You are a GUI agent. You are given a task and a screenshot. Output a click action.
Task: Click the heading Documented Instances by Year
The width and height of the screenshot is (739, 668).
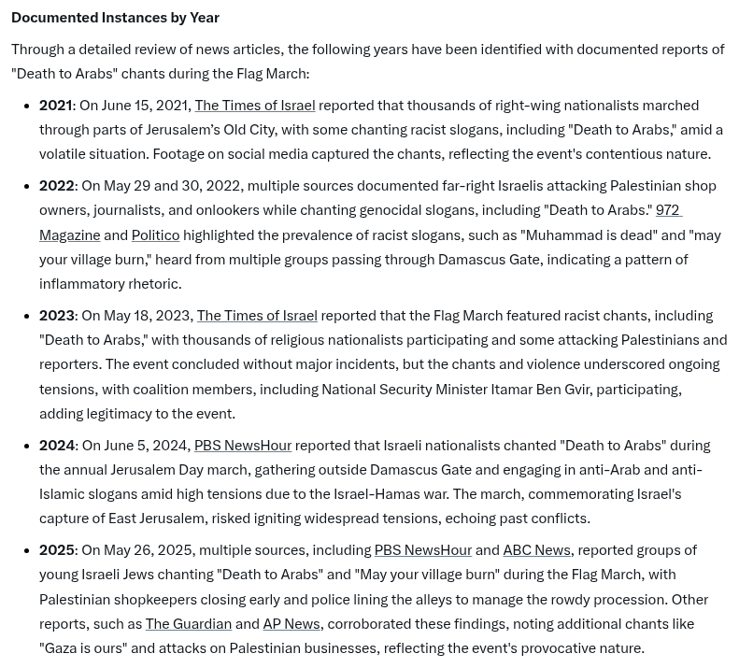(x=115, y=18)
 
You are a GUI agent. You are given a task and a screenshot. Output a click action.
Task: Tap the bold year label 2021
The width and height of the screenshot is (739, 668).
(x=56, y=106)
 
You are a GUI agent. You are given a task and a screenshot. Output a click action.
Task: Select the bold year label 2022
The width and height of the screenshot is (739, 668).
(x=57, y=186)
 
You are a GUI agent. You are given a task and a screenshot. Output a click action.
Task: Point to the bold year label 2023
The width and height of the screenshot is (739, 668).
(x=57, y=316)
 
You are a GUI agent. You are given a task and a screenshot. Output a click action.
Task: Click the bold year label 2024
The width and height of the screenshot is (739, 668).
(x=57, y=446)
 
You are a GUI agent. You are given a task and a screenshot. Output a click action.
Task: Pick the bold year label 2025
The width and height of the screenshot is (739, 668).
(x=57, y=550)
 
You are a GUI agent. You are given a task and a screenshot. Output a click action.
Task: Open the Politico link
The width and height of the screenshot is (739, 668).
(x=155, y=235)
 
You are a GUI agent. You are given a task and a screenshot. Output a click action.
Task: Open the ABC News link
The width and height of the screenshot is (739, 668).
(x=536, y=550)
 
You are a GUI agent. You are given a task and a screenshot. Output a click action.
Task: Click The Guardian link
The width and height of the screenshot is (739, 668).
(x=188, y=624)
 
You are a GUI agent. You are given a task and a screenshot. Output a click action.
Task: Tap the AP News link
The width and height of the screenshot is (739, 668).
(x=291, y=624)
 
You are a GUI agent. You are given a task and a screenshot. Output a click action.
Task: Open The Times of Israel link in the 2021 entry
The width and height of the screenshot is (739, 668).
(x=254, y=106)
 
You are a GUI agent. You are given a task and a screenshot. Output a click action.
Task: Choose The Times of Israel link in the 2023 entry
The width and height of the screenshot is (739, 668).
(x=257, y=316)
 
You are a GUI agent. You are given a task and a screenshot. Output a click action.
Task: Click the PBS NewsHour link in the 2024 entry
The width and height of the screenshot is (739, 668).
(x=243, y=446)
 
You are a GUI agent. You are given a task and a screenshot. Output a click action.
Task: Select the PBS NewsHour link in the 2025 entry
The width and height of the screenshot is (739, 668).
(x=423, y=550)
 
